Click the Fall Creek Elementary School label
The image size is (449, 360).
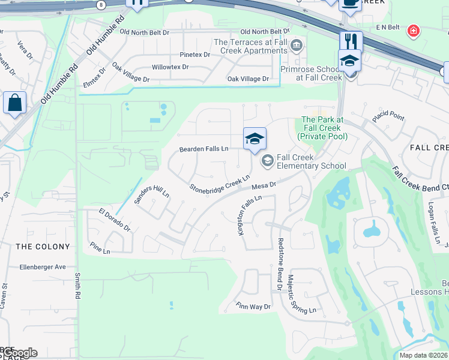tap(311, 161)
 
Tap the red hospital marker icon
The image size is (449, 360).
tap(413, 31)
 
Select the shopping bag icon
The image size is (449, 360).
tap(14, 103)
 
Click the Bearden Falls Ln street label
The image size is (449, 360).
tap(204, 149)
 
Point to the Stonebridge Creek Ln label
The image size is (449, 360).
tap(220, 184)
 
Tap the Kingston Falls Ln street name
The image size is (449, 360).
tap(251, 214)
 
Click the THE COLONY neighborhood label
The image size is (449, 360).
tap(43, 247)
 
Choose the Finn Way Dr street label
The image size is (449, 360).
tap(253, 306)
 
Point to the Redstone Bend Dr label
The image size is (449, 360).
tap(280, 265)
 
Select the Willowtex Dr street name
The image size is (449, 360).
tap(170, 67)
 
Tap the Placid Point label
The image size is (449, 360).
tap(388, 116)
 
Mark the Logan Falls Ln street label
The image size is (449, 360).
tap(433, 223)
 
